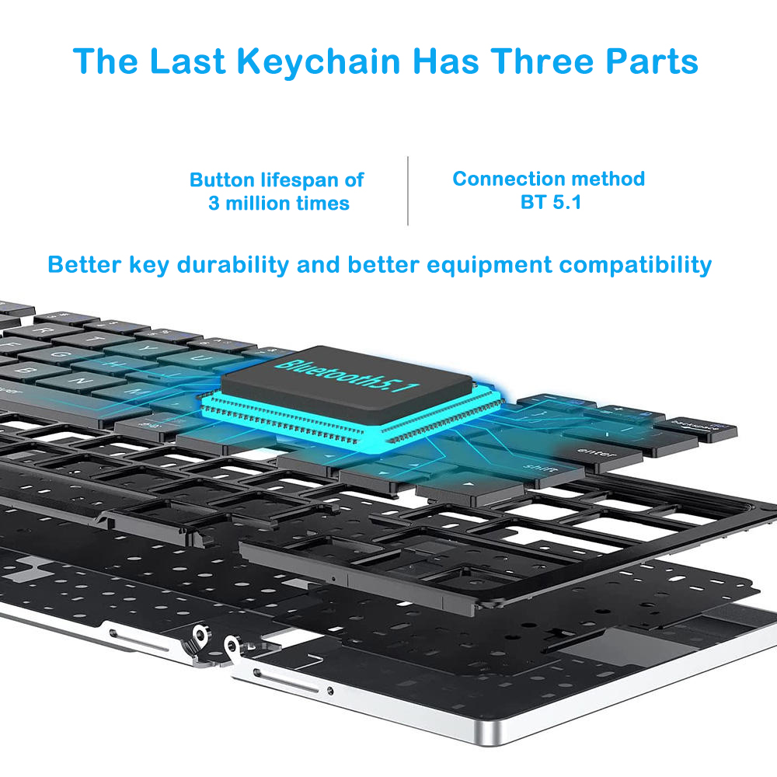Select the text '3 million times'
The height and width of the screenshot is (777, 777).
[x=278, y=204]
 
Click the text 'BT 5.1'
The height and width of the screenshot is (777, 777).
[x=549, y=203]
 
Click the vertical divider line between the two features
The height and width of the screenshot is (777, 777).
[x=408, y=190]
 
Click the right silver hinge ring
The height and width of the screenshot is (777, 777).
[x=231, y=645]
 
